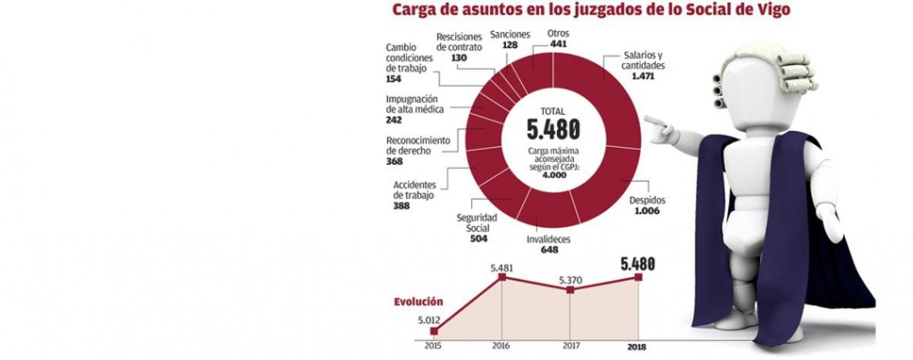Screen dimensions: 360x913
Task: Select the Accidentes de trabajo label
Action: click(x=414, y=190)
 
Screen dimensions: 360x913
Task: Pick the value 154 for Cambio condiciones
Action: click(x=393, y=79)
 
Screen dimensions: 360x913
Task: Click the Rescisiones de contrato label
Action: click(x=459, y=41)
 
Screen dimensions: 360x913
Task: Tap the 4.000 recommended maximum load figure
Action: click(x=553, y=175)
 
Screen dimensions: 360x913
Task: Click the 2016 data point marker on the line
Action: click(x=501, y=278)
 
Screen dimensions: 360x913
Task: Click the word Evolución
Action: click(x=418, y=301)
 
